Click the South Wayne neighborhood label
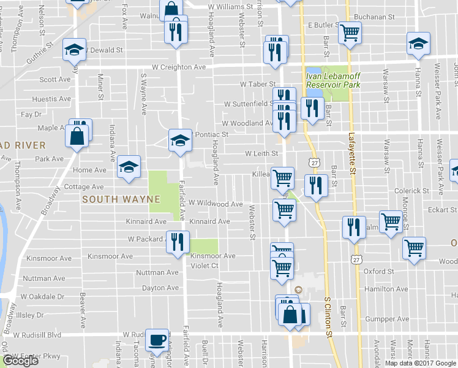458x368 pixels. point(121,199)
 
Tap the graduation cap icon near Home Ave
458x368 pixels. point(129,167)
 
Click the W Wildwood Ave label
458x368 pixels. point(216,204)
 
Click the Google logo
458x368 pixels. point(20,361)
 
